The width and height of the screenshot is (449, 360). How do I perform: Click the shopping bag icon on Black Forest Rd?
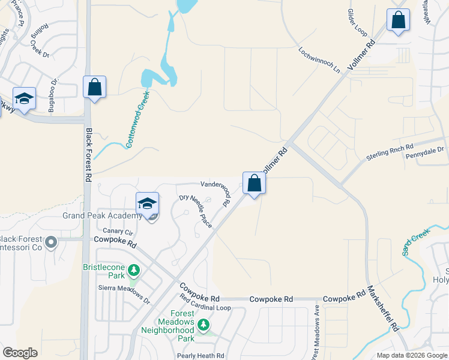[95, 87]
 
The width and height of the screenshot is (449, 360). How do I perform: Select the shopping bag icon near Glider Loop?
[398, 20]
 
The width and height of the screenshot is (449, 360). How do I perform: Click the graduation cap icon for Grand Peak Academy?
[147, 204]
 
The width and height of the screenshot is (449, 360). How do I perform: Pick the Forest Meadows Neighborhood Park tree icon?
[204, 325]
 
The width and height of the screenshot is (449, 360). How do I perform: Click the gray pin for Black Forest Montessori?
[51, 243]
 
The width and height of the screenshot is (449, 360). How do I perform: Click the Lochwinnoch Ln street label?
[319, 59]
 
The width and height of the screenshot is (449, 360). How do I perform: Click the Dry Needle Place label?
[196, 211]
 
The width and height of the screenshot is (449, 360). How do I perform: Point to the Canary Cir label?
[118, 232]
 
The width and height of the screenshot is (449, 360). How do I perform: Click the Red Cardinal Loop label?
[205, 307]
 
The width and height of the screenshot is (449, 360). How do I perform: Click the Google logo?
[20, 353]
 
